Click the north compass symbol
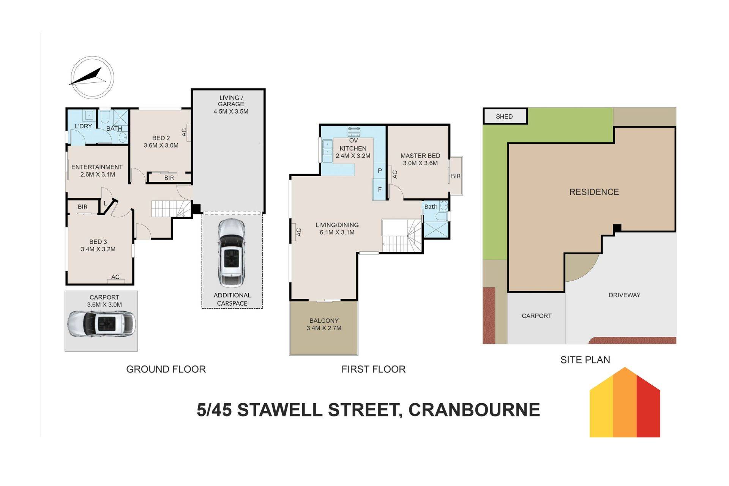click(92, 77)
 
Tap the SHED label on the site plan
click(504, 117)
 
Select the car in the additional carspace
click(232, 253)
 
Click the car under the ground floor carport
click(101, 324)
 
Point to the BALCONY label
click(324, 321)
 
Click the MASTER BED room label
click(420, 156)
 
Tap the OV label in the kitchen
click(353, 141)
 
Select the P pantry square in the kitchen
click(379, 171)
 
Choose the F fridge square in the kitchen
click(379, 189)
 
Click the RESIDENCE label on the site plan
click(594, 192)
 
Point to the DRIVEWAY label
click(624, 295)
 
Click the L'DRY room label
click(83, 126)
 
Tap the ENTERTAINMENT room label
click(97, 167)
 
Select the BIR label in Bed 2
click(169, 178)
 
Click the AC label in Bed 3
click(115, 277)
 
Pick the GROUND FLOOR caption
click(166, 369)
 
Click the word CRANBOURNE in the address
click(474, 410)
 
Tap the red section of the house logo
click(649, 407)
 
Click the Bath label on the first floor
click(431, 207)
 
